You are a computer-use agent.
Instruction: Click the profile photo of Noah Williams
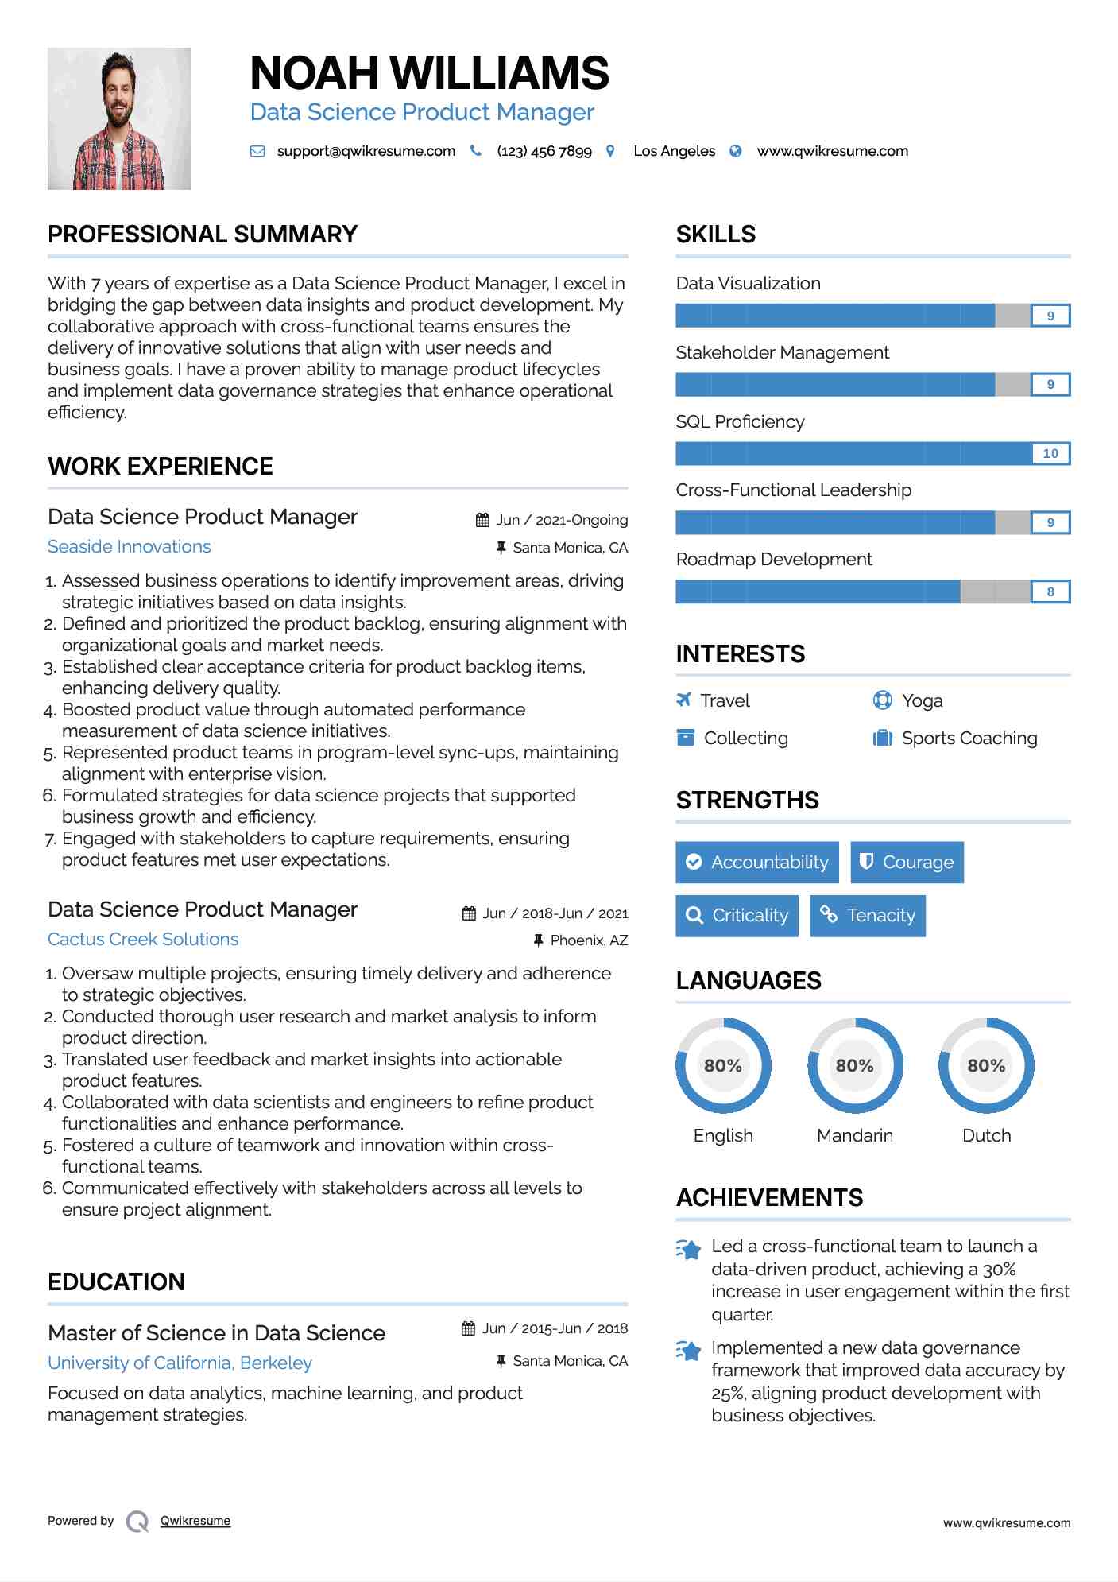tap(119, 118)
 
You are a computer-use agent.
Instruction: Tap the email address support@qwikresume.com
tap(366, 151)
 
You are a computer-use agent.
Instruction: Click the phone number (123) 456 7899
tap(544, 151)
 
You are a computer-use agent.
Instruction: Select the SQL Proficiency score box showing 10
tap(1050, 453)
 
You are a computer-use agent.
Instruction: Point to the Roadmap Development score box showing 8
tap(1050, 591)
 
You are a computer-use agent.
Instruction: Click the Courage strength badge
tap(907, 862)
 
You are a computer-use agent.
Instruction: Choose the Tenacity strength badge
tap(868, 915)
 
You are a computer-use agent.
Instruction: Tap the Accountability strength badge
tap(756, 862)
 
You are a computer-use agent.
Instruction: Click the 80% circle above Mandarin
tap(855, 1065)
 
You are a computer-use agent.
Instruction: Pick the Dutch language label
tap(986, 1135)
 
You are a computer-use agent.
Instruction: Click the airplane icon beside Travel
tap(683, 700)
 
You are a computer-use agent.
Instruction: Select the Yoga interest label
tap(922, 700)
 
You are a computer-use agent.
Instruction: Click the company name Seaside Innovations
tap(130, 546)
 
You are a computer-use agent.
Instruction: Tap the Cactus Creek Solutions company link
tap(143, 939)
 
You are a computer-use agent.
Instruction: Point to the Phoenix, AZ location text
tap(589, 940)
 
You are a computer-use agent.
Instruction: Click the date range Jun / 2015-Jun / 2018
tap(555, 1328)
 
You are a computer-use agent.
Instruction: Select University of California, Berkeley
tap(180, 1363)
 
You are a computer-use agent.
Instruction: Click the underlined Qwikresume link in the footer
tap(195, 1521)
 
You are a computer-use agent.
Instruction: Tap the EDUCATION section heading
tap(116, 1281)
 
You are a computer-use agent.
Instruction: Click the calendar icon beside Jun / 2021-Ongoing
tap(482, 520)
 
